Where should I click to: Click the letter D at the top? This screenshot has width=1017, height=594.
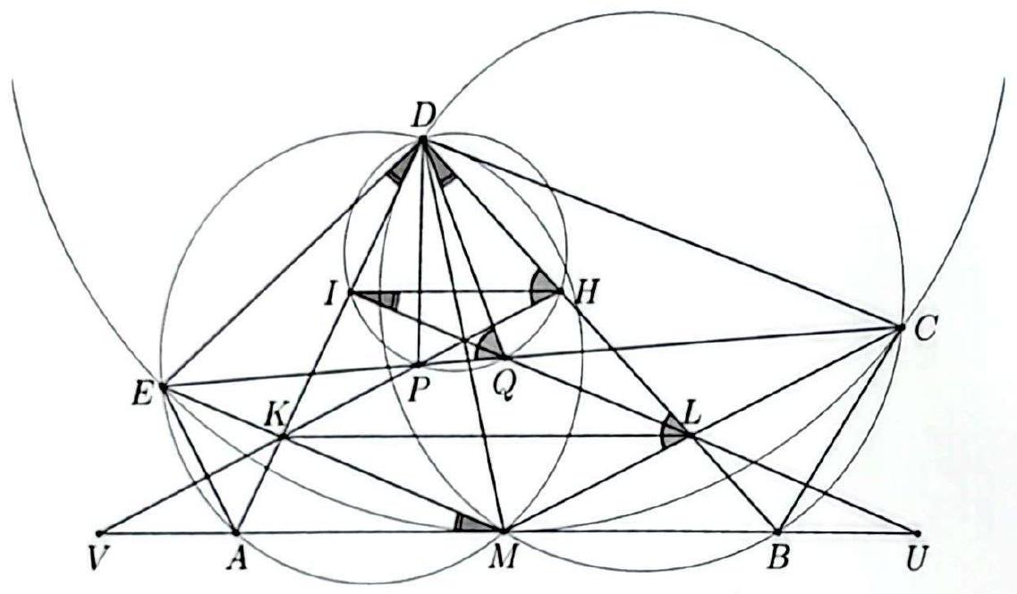pyautogui.click(x=425, y=117)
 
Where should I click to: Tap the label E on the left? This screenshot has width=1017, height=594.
pyautogui.click(x=142, y=395)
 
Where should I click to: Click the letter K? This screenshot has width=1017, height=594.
pyautogui.click(x=275, y=416)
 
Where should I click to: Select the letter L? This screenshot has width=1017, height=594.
pyautogui.click(x=691, y=413)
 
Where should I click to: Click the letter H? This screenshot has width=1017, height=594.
pyautogui.click(x=586, y=295)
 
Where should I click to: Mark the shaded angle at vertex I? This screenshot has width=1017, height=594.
pyautogui.click(x=383, y=299)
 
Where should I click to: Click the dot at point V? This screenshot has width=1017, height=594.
pyautogui.click(x=98, y=533)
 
